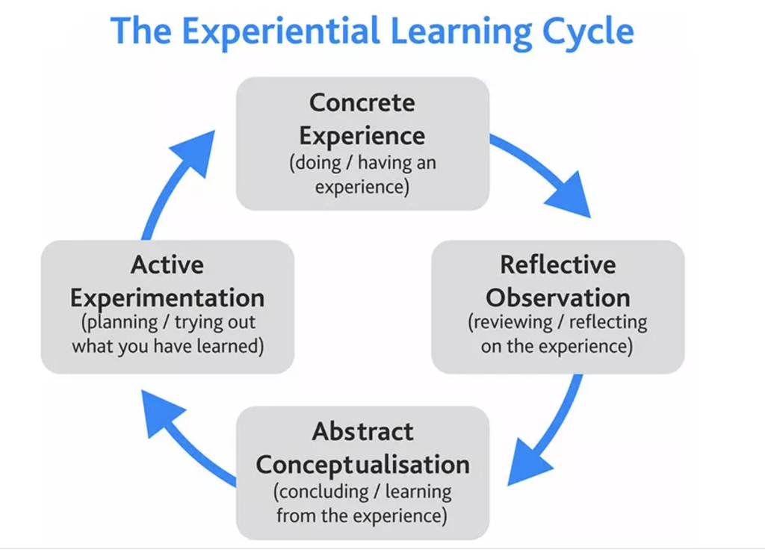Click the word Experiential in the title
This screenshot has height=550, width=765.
pyautogui.click(x=281, y=31)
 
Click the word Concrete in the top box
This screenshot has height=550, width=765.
pyautogui.click(x=362, y=103)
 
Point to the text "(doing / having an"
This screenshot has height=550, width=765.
pyautogui.click(x=362, y=162)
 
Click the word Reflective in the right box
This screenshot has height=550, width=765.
pyautogui.click(x=557, y=265)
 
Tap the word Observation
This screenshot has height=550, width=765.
pyautogui.click(x=557, y=297)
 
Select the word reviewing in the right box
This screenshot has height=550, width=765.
pyautogui.click(x=510, y=323)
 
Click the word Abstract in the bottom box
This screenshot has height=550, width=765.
pyautogui.click(x=362, y=431)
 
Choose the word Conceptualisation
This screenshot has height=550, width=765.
pyautogui.click(x=362, y=465)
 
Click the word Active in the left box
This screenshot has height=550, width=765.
pyautogui.click(x=167, y=265)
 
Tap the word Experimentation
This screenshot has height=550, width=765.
pyautogui.click(x=167, y=297)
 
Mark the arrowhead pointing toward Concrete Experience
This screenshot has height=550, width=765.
pyautogui.click(x=195, y=150)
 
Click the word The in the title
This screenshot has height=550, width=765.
pyautogui.click(x=140, y=31)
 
